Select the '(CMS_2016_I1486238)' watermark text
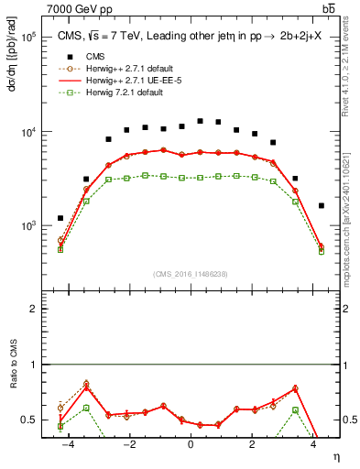pyautogui.click(x=191, y=274)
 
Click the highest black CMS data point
pyautogui.click(x=200, y=121)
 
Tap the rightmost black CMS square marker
pyautogui.click(x=321, y=206)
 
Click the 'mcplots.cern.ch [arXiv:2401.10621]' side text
pyautogui.click(x=351, y=211)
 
